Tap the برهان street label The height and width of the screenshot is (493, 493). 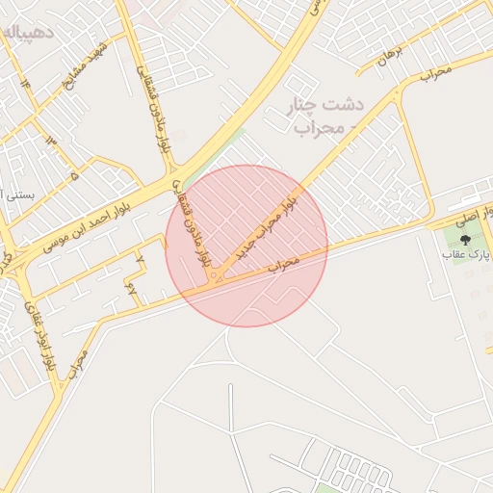(x=389, y=57)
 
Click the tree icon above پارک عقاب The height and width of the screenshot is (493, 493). (x=466, y=239)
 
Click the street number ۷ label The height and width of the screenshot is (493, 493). (x=141, y=259)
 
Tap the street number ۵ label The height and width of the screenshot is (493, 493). (x=74, y=176)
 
